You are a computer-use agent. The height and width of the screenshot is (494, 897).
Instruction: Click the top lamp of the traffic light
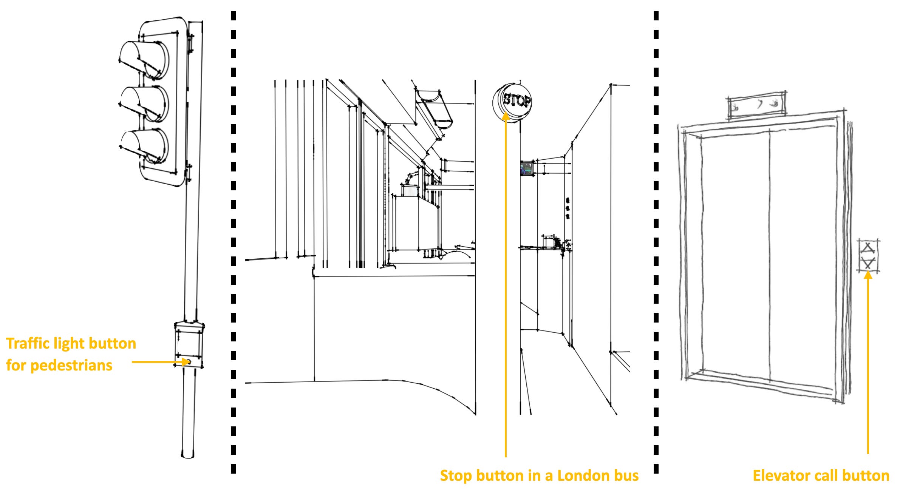tap(144, 60)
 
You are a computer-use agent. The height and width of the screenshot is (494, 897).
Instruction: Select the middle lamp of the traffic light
tap(144, 104)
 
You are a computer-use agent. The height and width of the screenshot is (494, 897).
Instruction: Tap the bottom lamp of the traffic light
tap(144, 147)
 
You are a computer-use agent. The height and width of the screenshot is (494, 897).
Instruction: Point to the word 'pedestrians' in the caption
tap(71, 366)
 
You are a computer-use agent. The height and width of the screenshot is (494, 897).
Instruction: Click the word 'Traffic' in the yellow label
tap(28, 343)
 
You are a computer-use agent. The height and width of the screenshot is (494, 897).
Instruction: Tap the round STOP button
tap(512, 102)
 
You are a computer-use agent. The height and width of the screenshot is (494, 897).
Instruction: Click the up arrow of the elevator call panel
tap(868, 249)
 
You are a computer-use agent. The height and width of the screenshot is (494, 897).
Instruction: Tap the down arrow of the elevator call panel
tap(868, 262)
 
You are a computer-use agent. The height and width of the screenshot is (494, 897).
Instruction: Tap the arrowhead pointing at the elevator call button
tap(868, 275)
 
